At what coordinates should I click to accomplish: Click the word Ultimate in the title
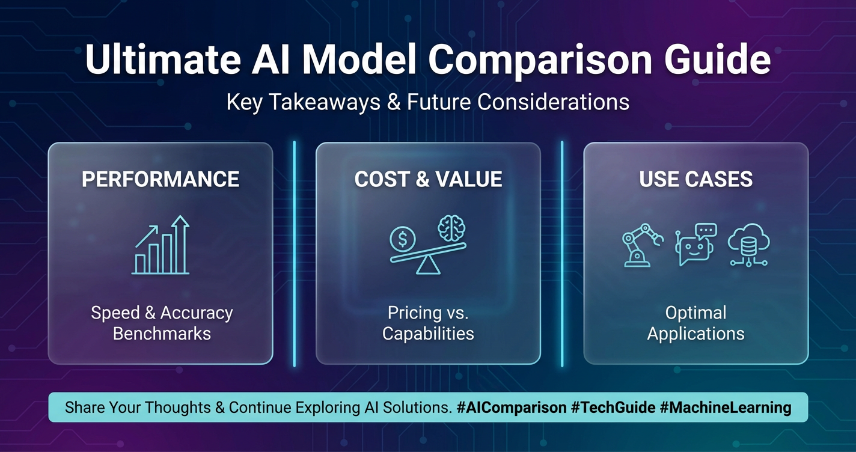coord(163,60)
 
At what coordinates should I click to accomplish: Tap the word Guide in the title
coord(717,60)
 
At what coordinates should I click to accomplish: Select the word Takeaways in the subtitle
coord(325,102)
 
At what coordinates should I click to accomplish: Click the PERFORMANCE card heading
coord(160,179)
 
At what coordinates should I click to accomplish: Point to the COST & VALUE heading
coord(428,179)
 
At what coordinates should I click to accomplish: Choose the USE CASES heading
coord(696,179)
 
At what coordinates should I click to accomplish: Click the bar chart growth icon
coord(161,245)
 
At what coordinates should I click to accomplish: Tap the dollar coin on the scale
coord(402,239)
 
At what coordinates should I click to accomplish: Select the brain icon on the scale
coord(451,228)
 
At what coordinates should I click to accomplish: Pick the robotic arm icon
coord(643,245)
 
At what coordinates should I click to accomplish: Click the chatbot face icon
coord(695,245)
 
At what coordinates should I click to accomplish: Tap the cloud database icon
coord(748,245)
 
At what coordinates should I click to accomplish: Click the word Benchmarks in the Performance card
coord(162,334)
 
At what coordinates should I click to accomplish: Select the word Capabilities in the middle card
coord(428,334)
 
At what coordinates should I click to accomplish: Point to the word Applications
coord(696,334)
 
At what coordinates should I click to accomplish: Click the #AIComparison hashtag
coord(512,408)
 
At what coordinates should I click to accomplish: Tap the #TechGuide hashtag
coord(613,408)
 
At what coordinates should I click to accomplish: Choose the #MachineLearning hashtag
coord(726,408)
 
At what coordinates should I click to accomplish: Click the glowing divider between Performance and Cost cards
coord(295,254)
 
